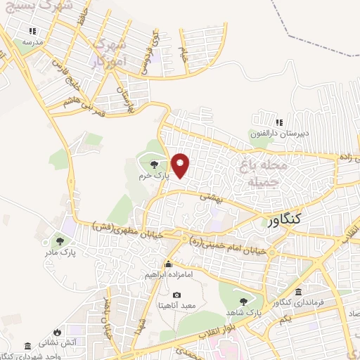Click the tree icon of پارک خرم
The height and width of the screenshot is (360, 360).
pyautogui.click(x=155, y=164)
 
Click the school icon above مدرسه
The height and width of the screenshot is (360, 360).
pyautogui.click(x=32, y=31)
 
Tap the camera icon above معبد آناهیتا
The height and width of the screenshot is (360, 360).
pyautogui.click(x=176, y=295)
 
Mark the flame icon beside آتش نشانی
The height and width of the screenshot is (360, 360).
pyautogui.click(x=58, y=330)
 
